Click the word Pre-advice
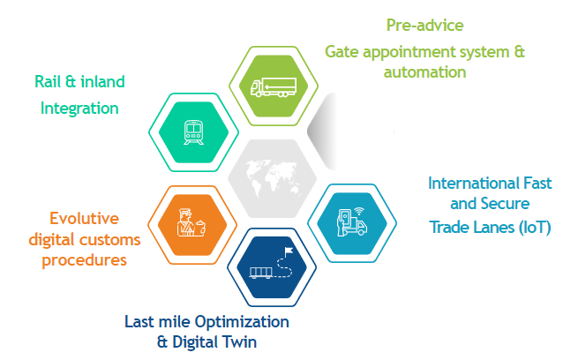(425, 25)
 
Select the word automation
(424, 71)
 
